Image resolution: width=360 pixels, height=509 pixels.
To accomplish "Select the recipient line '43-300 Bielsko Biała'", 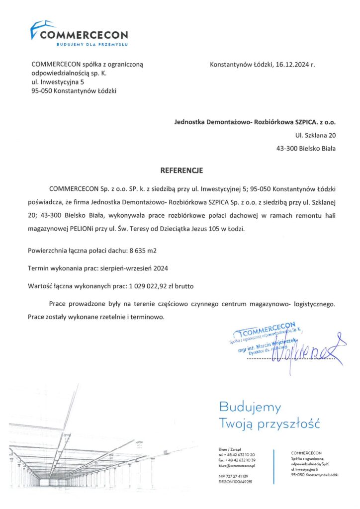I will pyautogui.click(x=306, y=148).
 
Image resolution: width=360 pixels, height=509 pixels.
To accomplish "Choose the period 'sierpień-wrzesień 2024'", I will pyautogui.click(x=134, y=269).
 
